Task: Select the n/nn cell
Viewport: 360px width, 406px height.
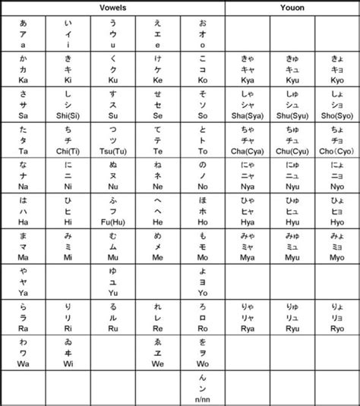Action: [203, 387]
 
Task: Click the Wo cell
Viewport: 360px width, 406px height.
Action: [203, 351]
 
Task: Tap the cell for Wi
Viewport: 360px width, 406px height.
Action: [68, 351]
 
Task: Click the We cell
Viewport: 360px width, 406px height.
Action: [158, 351]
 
